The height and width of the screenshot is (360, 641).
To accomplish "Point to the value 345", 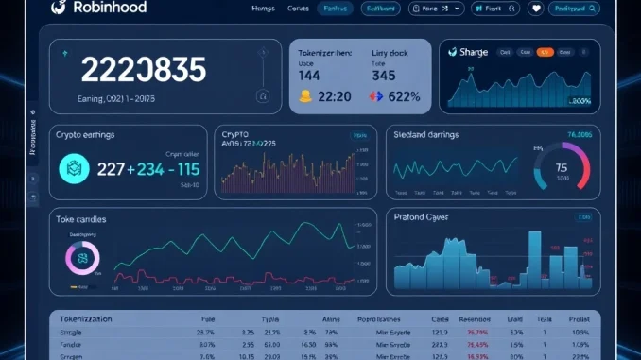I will click(x=384, y=75).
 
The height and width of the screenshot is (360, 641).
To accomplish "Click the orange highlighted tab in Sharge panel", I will click(x=545, y=53).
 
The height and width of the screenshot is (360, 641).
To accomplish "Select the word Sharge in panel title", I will click(x=473, y=53).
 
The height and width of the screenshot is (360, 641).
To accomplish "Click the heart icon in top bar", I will click(x=535, y=9).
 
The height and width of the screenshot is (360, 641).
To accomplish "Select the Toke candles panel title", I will click(x=81, y=219).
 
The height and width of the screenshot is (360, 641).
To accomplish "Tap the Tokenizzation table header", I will click(x=86, y=319).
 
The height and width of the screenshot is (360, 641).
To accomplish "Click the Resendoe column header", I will click(x=475, y=319).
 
